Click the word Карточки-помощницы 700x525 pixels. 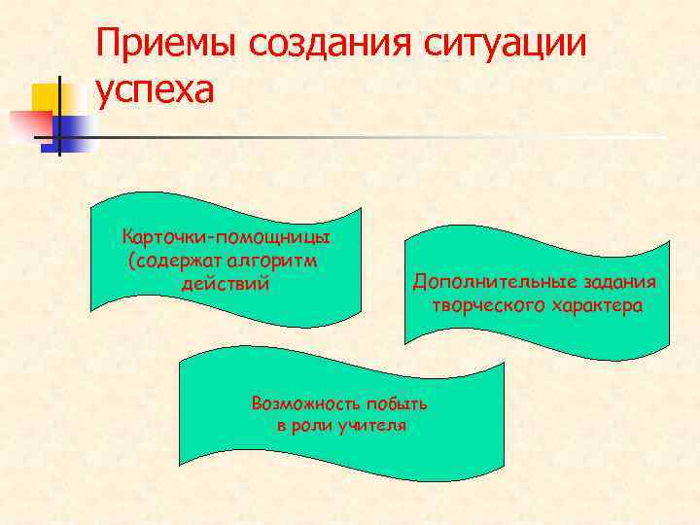point(227,237)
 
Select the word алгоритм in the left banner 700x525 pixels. point(277,261)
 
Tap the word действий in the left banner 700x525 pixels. point(225,284)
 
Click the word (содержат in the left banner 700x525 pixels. point(175,261)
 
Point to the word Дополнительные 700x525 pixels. point(495,282)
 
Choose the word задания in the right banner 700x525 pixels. point(620,282)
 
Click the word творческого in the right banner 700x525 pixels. point(491,305)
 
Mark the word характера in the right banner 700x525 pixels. point(598,305)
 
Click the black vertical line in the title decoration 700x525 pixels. point(59,115)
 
